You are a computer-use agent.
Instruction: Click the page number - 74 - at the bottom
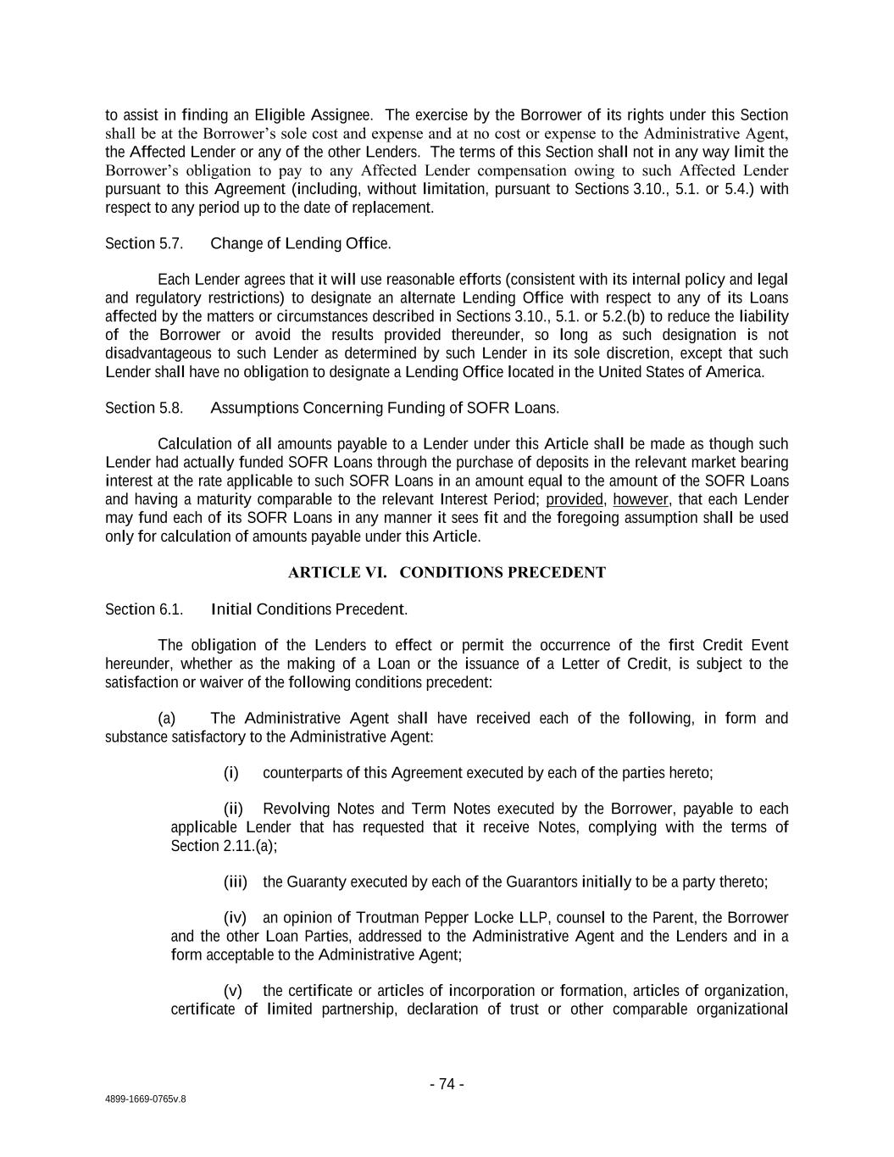click(x=447, y=1084)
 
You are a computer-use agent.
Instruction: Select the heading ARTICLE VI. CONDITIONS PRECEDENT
click(x=447, y=572)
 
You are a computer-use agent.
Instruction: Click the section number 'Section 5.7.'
click(x=144, y=244)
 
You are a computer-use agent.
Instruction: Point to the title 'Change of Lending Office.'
click(x=300, y=244)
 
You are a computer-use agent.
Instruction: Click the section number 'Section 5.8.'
click(x=144, y=408)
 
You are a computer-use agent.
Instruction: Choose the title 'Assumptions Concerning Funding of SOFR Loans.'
click(x=384, y=408)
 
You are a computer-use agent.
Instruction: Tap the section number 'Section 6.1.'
click(x=144, y=609)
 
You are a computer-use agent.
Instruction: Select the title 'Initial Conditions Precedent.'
click(x=308, y=609)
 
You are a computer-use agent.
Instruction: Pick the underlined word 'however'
click(x=641, y=499)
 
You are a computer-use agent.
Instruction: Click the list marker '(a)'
click(x=167, y=719)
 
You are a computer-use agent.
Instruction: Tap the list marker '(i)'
click(x=231, y=773)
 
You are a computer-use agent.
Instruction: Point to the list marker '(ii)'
click(x=233, y=809)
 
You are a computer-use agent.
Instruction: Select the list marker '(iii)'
click(x=235, y=882)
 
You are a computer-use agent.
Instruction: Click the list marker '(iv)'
click(x=235, y=918)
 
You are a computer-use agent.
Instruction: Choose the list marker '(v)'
click(x=233, y=991)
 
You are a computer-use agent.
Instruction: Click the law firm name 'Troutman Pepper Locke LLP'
click(x=453, y=918)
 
